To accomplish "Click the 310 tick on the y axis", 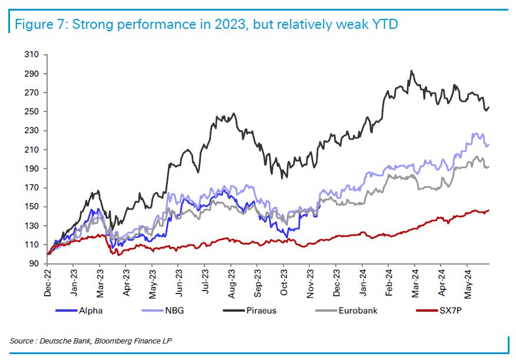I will pyautogui.click(x=32, y=55).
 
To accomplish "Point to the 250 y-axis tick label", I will pyautogui.click(x=32, y=112).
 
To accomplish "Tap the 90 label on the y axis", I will pyautogui.click(x=34, y=263).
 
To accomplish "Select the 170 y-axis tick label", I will pyautogui.click(x=32, y=188).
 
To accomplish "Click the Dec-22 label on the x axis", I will pyautogui.click(x=48, y=281).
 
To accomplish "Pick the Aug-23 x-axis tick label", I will pyautogui.click(x=231, y=281).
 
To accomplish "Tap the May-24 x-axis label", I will pyautogui.click(x=467, y=281).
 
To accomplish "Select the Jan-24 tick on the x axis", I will pyautogui.click(x=362, y=281).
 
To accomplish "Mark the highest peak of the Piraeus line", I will pyautogui.click(x=411, y=71).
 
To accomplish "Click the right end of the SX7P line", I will pyautogui.click(x=489, y=210).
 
